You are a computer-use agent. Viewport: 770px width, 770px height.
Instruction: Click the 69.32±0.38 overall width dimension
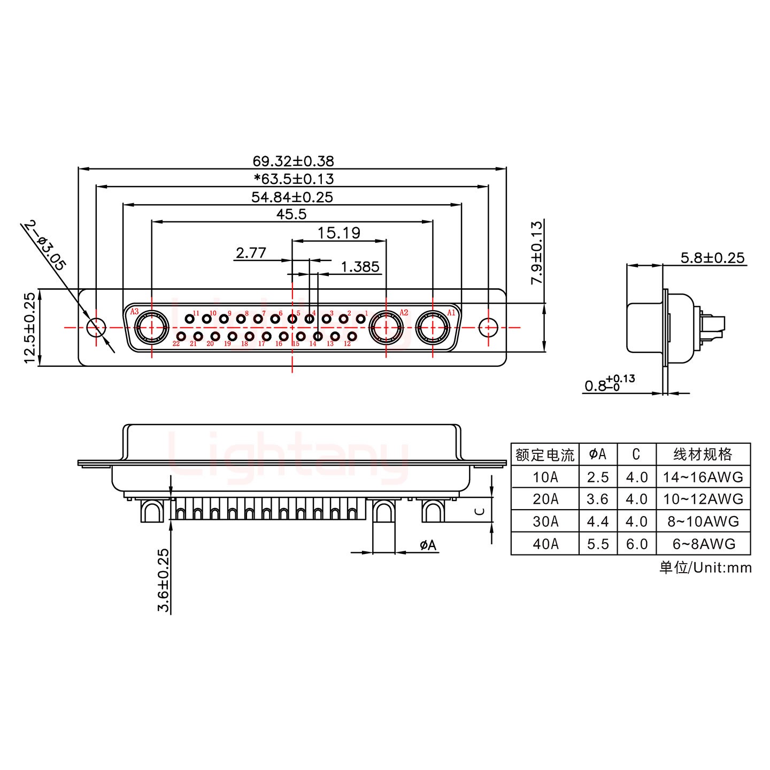point(293,161)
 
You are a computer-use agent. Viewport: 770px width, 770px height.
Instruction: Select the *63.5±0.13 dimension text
point(294,179)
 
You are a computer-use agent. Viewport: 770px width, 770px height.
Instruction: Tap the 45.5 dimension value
point(291,214)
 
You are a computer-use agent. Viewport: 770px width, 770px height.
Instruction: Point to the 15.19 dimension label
point(339,233)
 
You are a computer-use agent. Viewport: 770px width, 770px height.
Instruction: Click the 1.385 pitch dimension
point(360,266)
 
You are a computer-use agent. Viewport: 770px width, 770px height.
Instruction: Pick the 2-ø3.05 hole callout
point(45,245)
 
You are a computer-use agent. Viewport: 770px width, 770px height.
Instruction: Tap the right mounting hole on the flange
point(488,327)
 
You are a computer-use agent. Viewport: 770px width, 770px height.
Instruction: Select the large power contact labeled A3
point(151,327)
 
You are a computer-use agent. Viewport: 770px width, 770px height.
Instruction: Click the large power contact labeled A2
point(386,327)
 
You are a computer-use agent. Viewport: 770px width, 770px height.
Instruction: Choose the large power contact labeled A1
point(432,327)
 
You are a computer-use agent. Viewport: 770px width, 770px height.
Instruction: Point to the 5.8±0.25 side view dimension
point(712,258)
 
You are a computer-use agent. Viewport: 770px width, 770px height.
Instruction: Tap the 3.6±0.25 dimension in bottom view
point(164,580)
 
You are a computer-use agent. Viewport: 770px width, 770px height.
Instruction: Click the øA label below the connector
point(428,545)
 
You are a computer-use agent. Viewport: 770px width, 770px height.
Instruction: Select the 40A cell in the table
point(545,544)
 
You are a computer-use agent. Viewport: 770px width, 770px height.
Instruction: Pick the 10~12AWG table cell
point(703,499)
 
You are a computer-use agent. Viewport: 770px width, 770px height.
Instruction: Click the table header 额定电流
point(545,455)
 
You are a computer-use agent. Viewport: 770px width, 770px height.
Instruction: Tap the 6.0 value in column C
point(636,544)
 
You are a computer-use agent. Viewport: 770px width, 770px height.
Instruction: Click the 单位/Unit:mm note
point(705,567)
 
